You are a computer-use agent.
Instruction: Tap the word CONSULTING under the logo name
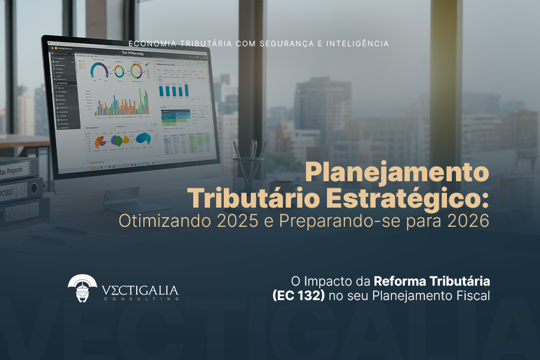tap(139, 298)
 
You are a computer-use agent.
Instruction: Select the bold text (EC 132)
tap(298, 295)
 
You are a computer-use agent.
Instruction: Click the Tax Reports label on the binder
tap(12, 170)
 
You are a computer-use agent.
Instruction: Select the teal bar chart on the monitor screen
tap(173, 90)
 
